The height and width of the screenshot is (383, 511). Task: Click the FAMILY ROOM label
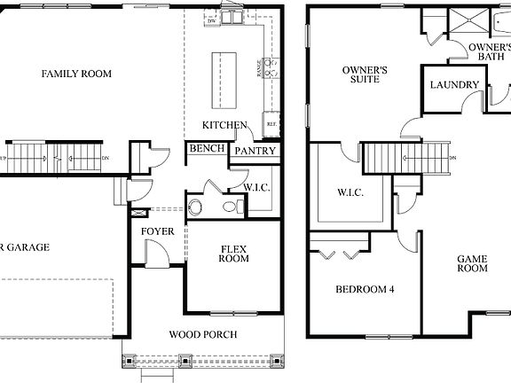pyautogui.click(x=76, y=74)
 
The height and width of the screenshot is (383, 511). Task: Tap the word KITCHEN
pyautogui.click(x=224, y=125)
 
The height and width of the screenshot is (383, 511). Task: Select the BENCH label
pyautogui.click(x=206, y=149)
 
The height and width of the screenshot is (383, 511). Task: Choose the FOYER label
pyautogui.click(x=157, y=231)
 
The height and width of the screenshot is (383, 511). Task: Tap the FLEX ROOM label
pyautogui.click(x=234, y=253)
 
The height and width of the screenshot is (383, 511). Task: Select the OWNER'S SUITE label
pyautogui.click(x=365, y=74)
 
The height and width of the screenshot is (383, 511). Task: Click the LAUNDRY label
pyautogui.click(x=454, y=85)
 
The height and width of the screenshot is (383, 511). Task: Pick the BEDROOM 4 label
pyautogui.click(x=364, y=289)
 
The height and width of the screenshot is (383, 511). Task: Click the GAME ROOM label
pyautogui.click(x=472, y=263)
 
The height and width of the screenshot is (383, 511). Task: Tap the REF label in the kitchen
pyautogui.click(x=271, y=124)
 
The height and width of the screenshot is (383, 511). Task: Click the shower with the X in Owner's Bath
pyautogui.click(x=468, y=20)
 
